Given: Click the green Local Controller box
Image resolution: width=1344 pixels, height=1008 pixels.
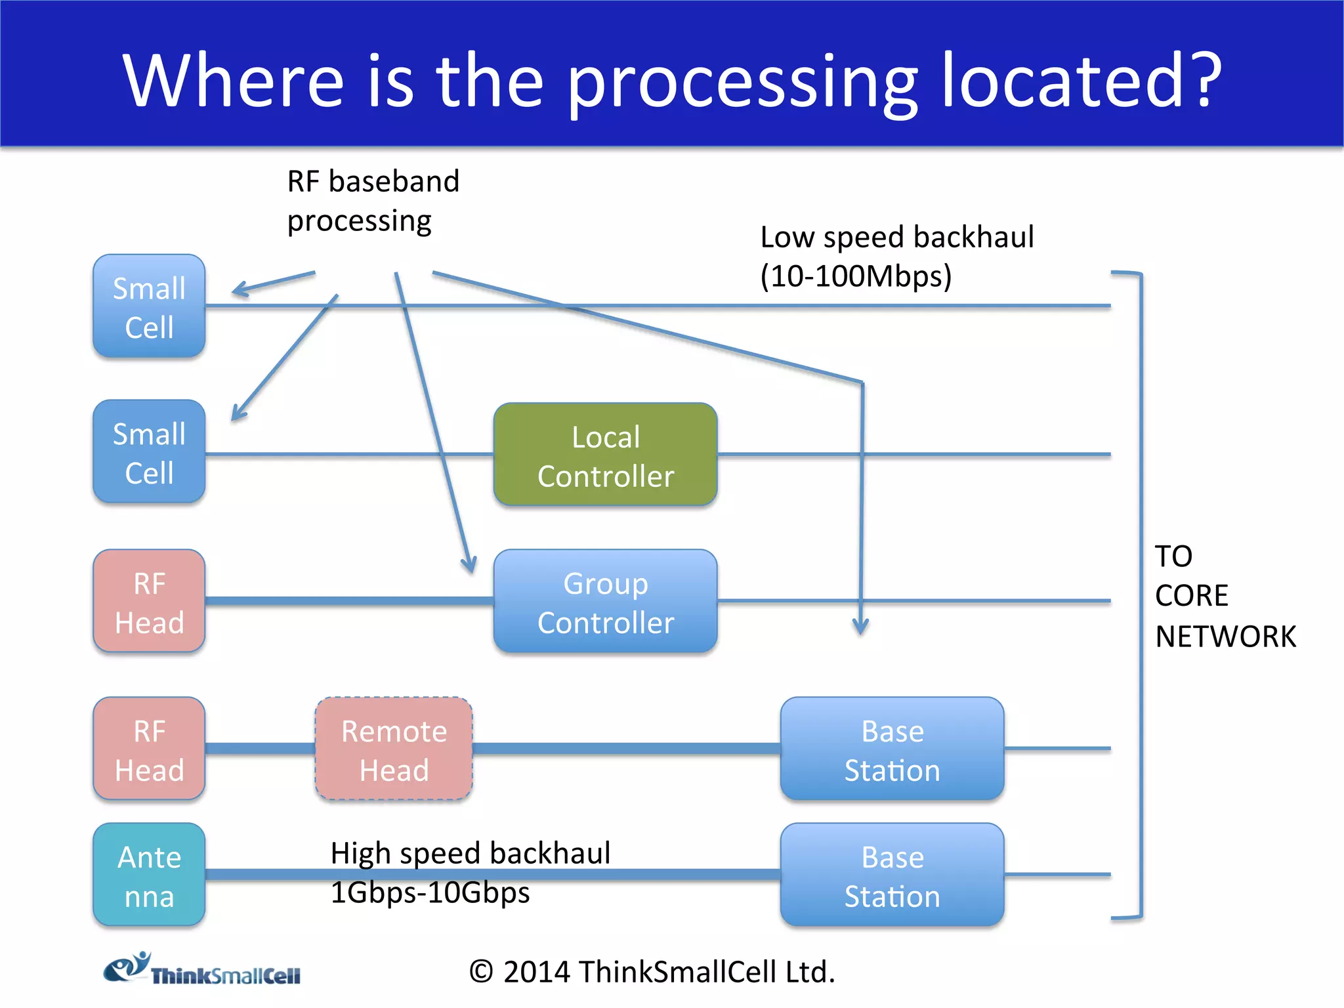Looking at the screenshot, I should point(605,455).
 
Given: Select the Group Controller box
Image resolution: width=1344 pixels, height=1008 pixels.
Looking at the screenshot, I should point(605,601).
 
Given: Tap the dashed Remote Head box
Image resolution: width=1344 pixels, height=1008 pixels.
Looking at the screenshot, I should point(394,749).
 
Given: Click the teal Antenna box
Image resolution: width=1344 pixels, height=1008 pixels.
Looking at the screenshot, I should point(149,875).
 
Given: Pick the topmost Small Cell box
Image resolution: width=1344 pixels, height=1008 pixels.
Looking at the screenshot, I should point(149,306).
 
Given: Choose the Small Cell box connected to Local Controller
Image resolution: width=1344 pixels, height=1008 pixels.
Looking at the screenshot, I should point(149,452).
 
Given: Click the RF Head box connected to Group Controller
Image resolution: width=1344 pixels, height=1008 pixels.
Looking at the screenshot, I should point(149,601).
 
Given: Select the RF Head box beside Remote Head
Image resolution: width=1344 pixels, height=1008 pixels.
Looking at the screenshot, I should point(149,749).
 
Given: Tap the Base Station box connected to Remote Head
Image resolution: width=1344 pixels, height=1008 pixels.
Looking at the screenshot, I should point(892,749).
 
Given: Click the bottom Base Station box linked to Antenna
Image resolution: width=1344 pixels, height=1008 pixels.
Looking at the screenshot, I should point(892,875).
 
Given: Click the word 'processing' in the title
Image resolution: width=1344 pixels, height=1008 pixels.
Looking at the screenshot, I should point(742,82).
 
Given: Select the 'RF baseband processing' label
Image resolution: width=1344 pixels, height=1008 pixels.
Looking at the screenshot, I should point(373,201).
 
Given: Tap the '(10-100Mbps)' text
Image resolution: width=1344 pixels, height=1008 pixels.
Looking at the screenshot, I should point(856,276).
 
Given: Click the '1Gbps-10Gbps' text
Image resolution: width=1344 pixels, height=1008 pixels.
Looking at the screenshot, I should point(430,893).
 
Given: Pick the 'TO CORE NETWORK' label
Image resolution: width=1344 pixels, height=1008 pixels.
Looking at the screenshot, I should point(1225,596).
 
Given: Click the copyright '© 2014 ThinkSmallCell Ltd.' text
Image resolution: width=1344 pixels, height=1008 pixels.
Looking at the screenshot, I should point(652,972).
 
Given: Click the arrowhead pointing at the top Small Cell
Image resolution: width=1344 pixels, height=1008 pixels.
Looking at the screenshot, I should point(240,290).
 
